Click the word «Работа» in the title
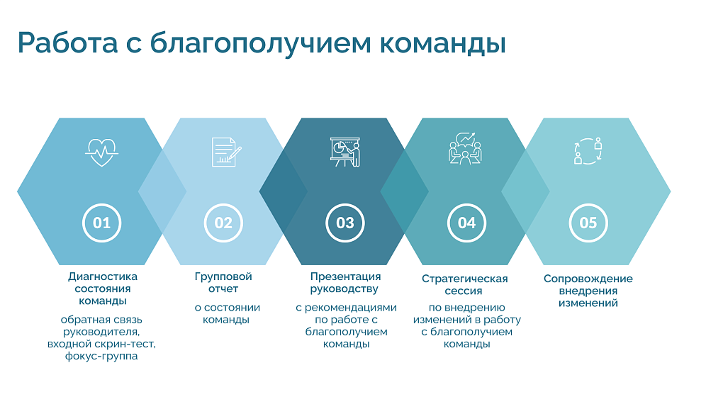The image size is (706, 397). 67,43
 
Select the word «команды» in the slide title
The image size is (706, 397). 443,44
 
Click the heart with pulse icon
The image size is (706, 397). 102,152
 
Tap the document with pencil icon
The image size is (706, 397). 226,152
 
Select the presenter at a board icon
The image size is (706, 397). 345,152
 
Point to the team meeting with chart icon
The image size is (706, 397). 465,149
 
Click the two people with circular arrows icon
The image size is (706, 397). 588,151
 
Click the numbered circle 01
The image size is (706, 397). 102,223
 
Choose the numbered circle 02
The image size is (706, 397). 223,223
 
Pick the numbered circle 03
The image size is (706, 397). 345,223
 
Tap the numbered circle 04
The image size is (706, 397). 466,223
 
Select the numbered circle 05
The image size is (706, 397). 588,223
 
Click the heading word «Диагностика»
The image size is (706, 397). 103,276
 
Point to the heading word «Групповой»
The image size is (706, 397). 223,276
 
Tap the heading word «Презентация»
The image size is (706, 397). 345,276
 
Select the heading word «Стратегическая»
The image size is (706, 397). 465,279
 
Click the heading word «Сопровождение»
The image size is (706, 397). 588,279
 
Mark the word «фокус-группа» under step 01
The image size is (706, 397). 101,357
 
